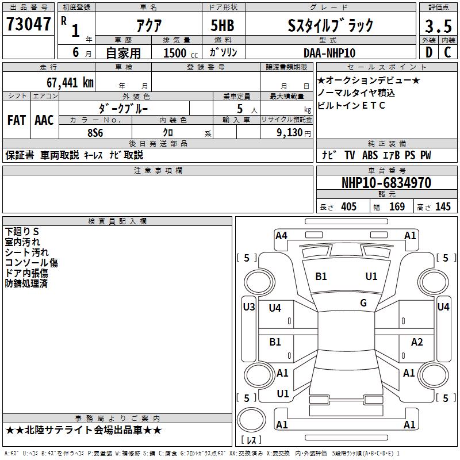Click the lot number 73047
tap(29, 25)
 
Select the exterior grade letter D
tap(428, 52)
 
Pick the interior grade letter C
tap(448, 52)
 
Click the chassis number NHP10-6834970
tap(386, 183)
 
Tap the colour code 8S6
tap(95, 132)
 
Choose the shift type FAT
tap(16, 120)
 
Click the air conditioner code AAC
tap(44, 120)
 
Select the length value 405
tap(348, 207)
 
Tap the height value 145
tap(443, 207)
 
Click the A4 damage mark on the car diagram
tap(281, 235)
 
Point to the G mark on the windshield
tap(363, 302)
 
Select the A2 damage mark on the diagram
tap(417, 342)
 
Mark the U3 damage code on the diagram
tap(248, 307)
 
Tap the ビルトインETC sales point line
tap(351, 105)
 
